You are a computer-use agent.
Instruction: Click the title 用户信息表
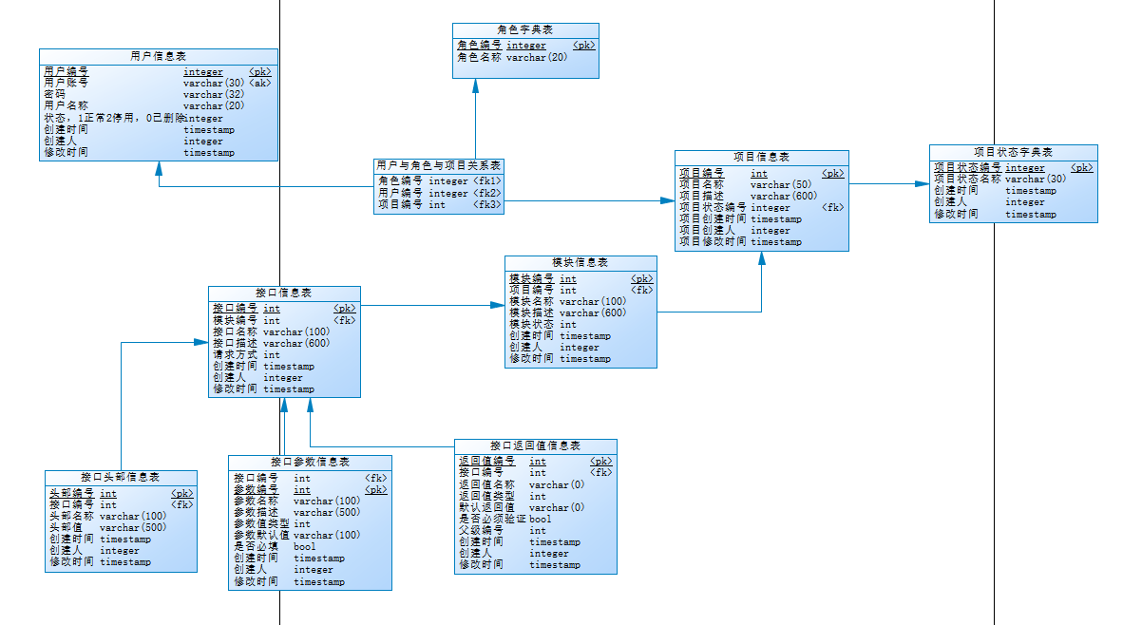tap(158, 56)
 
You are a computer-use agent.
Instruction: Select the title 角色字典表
tap(525, 30)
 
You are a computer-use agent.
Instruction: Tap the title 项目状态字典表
tap(1013, 152)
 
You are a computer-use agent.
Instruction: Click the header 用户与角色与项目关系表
tap(438, 165)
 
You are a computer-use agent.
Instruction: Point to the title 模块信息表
tap(580, 263)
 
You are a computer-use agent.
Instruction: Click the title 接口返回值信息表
tap(535, 445)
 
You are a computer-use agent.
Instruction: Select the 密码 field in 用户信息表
tap(54, 94)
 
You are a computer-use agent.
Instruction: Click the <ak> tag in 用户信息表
tap(259, 83)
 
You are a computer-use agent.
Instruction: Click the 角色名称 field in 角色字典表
tap(479, 57)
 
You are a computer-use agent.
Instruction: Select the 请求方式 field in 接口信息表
tap(234, 354)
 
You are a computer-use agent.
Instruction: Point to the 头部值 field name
tap(66, 527)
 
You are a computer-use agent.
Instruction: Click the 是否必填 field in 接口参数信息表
tap(256, 546)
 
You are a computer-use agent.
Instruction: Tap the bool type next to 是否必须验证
tap(540, 519)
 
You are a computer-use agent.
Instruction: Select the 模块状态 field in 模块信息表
tap(532, 324)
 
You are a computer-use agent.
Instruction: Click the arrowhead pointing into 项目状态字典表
tap(923, 183)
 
